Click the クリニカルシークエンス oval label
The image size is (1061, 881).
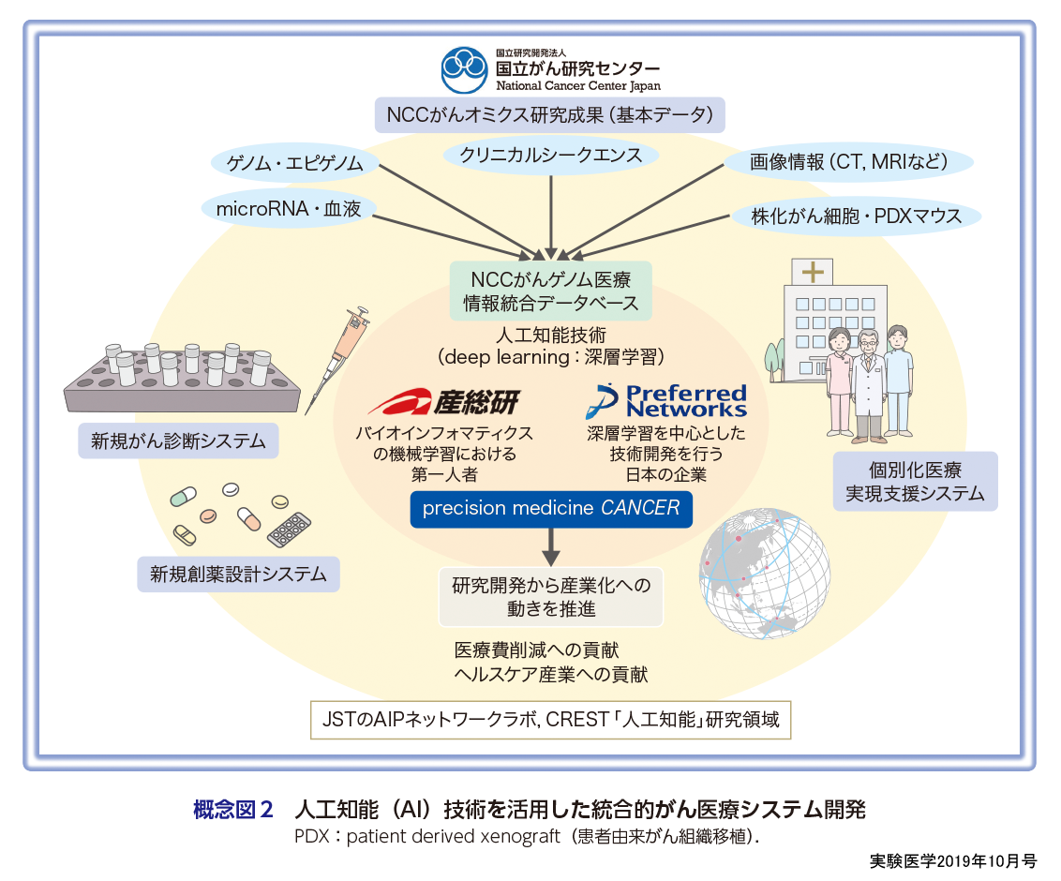[550, 155]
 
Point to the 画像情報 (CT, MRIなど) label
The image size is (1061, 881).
[848, 162]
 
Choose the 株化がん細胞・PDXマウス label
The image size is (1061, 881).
[856, 217]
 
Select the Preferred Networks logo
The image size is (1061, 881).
[666, 400]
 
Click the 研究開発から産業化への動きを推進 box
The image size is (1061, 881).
[550, 597]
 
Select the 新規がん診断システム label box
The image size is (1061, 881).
[178, 440]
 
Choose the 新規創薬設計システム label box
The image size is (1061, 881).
[238, 574]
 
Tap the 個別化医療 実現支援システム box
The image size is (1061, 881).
[915, 482]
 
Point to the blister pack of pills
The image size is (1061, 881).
[289, 530]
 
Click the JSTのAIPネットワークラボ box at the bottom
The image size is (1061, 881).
[550, 722]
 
